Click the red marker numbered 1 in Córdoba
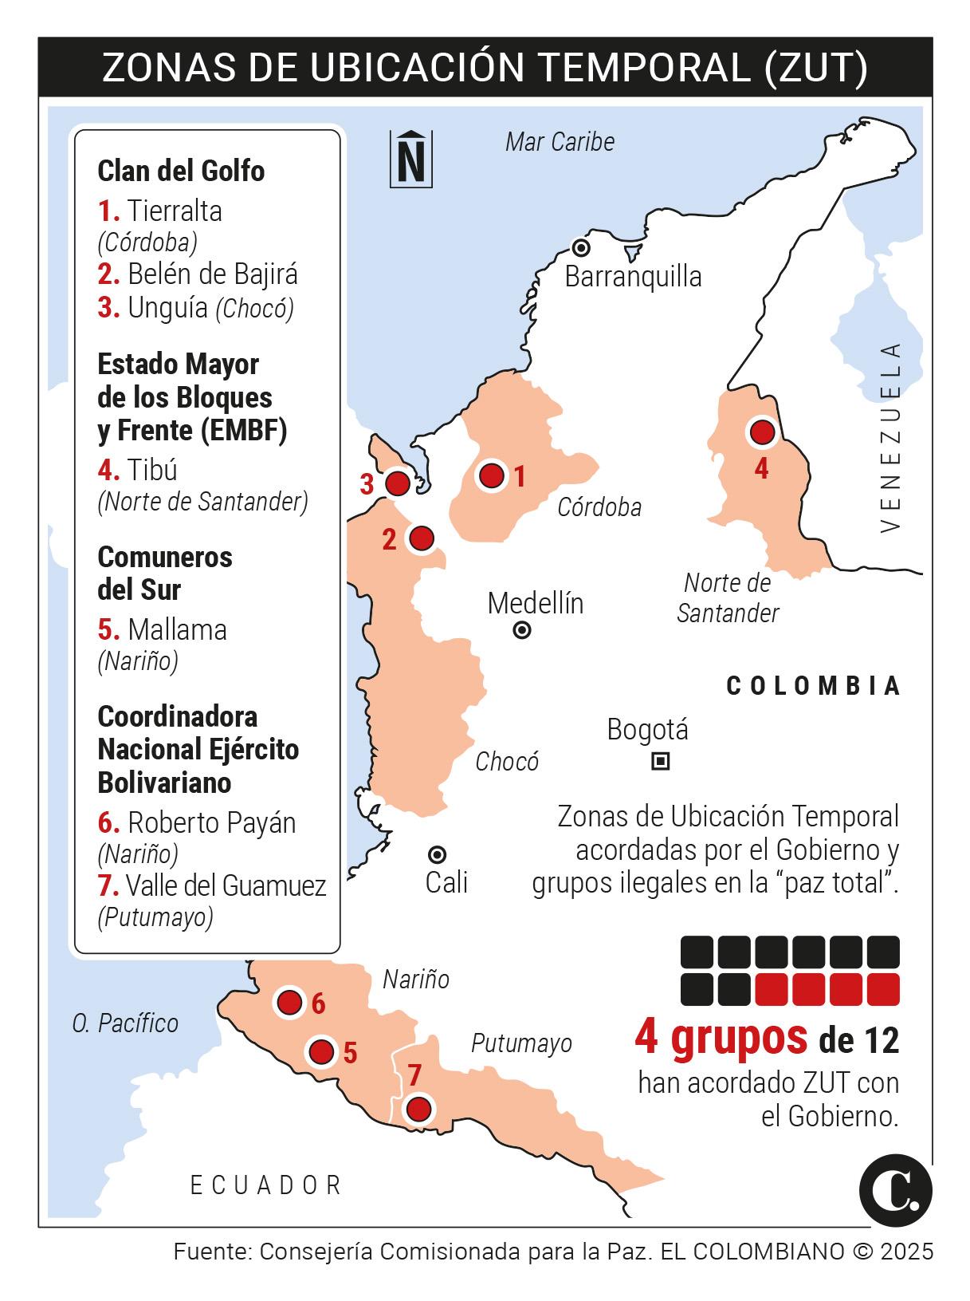(x=492, y=475)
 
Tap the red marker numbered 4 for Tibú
(x=762, y=432)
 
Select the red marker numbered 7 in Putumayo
(x=418, y=1109)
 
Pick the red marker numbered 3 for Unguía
(x=397, y=483)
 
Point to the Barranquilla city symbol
(x=582, y=247)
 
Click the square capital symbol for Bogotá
(x=660, y=761)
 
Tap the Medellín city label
(x=536, y=603)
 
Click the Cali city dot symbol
(x=437, y=855)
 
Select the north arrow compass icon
(x=410, y=158)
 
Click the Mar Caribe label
(x=560, y=142)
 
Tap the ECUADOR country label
(x=266, y=1185)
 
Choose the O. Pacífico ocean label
(x=125, y=1023)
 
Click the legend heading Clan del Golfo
(x=181, y=171)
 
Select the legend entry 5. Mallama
(x=163, y=629)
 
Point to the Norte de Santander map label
(x=727, y=597)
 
